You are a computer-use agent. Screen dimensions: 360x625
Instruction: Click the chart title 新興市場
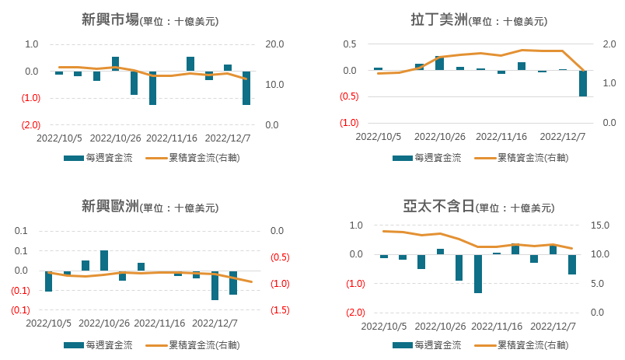(x=110, y=20)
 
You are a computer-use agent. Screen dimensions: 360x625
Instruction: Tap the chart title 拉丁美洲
(x=438, y=20)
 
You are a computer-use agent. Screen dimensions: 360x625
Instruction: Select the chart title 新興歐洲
(x=110, y=207)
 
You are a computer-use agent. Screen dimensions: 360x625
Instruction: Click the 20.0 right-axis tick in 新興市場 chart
(x=278, y=44)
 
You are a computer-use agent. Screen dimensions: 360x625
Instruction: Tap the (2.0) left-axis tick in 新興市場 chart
(x=31, y=125)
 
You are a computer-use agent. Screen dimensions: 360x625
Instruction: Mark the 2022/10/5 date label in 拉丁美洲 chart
(x=379, y=137)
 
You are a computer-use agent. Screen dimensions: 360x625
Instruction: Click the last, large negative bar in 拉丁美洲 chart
(x=583, y=84)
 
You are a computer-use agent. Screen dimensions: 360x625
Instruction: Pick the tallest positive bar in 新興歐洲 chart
(x=104, y=260)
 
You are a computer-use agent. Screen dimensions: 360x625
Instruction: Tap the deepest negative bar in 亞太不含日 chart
(x=478, y=274)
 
